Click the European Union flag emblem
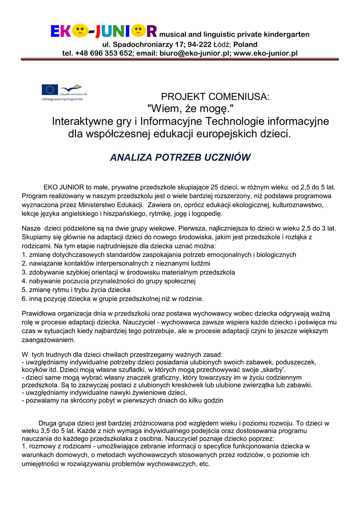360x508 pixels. click(49, 90)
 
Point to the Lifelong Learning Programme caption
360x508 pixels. click(62, 99)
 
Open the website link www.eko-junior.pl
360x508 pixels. click(265, 53)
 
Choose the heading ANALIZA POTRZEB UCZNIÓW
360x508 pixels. click(180, 157)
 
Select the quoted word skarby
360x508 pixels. click(272, 370)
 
